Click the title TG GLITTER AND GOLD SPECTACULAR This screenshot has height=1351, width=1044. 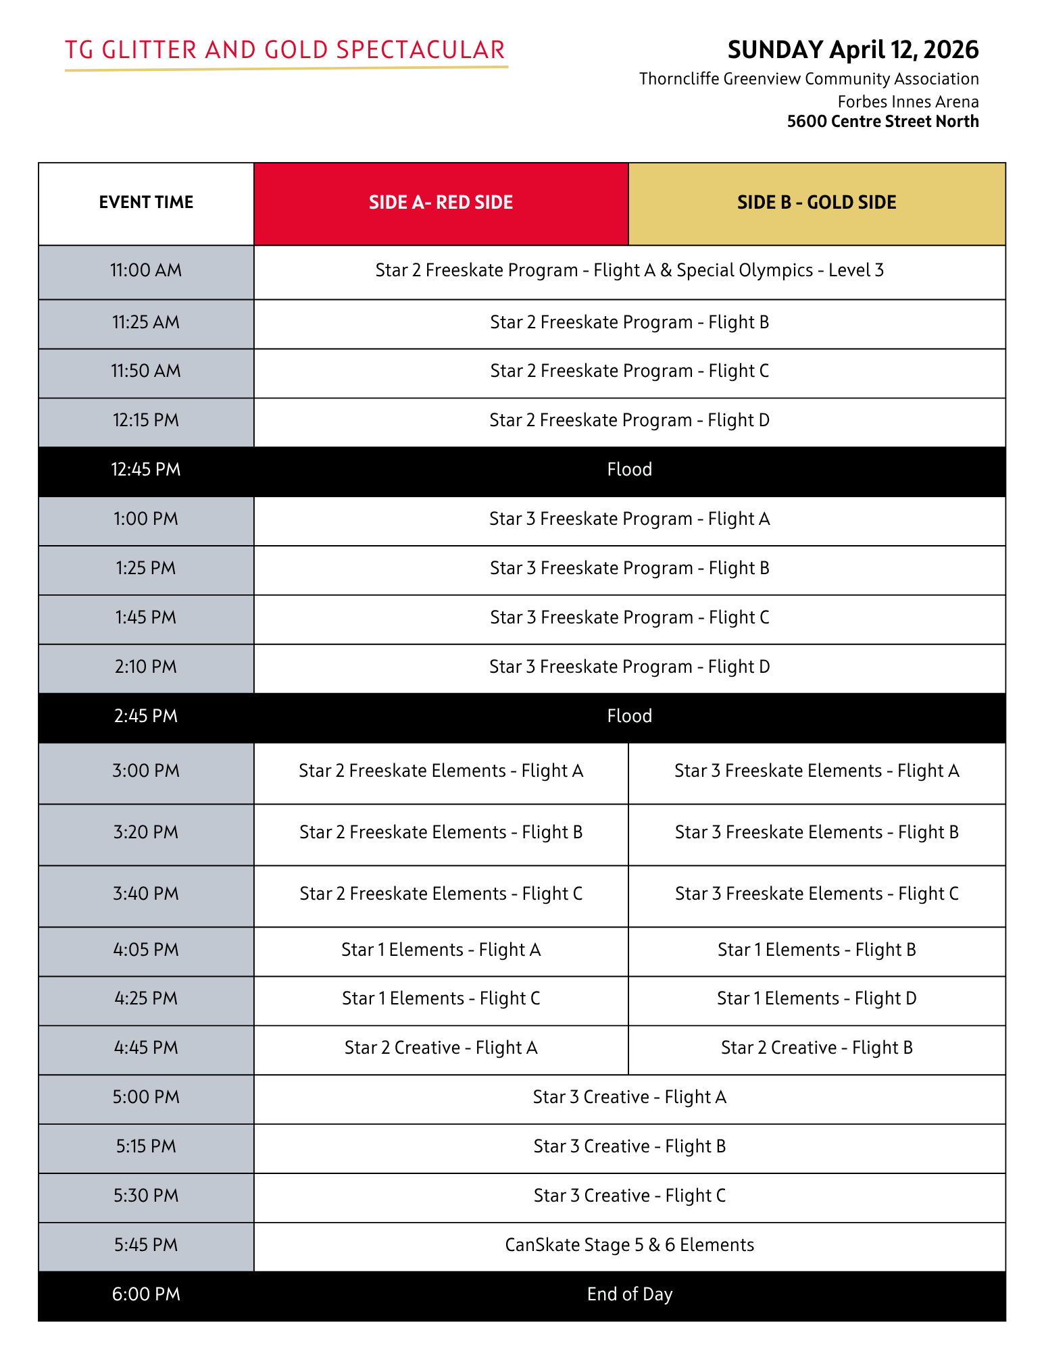[x=285, y=50]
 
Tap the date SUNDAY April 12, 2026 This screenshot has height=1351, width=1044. [x=853, y=50]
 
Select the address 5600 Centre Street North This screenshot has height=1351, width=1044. [x=883, y=122]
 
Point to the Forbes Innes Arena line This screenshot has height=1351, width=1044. [x=908, y=102]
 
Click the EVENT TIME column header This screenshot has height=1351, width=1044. [x=146, y=203]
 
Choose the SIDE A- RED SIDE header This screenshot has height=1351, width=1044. [x=441, y=203]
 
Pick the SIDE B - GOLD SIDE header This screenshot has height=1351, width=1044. [x=816, y=203]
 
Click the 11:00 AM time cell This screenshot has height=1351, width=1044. [x=146, y=270]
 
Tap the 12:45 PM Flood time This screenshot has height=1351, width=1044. [x=146, y=469]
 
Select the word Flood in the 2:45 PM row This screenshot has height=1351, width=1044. [x=629, y=716]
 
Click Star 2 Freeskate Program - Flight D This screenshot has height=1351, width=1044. [x=629, y=420]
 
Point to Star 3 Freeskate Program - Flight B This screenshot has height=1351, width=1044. [x=629, y=568]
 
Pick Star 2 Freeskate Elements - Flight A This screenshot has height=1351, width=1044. [x=441, y=771]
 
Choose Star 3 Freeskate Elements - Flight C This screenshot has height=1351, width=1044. [x=816, y=894]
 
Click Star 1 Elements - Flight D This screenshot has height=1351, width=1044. [x=816, y=998]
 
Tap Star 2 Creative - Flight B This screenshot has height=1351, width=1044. [x=816, y=1048]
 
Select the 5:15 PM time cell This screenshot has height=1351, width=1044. [x=146, y=1146]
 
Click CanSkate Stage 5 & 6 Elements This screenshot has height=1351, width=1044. [x=629, y=1245]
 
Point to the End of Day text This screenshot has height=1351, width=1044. [x=629, y=1294]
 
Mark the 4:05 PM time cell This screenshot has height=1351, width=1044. [x=146, y=950]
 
